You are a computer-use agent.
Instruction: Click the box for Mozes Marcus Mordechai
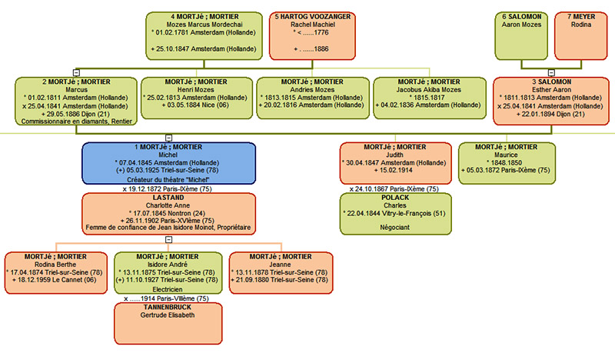(204, 35)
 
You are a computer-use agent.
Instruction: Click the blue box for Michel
(168, 162)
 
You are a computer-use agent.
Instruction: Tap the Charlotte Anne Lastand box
(168, 213)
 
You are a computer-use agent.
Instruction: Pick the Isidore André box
(168, 272)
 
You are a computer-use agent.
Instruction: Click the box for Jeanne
(282, 272)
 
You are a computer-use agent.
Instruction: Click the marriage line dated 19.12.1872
(168, 187)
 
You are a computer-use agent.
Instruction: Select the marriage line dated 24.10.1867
(395, 188)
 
